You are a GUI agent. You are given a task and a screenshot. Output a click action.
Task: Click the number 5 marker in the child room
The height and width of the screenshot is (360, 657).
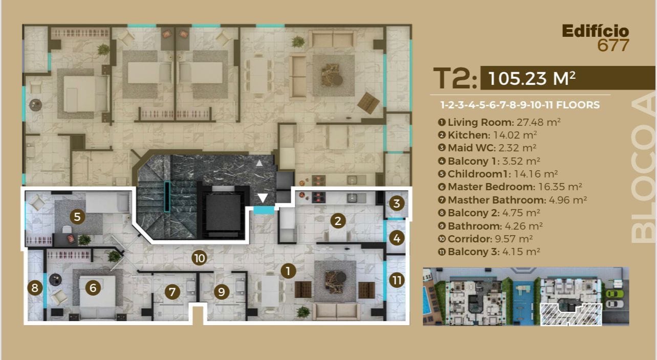pos(77,217)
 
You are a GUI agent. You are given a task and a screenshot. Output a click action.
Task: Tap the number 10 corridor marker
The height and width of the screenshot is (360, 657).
pos(200,258)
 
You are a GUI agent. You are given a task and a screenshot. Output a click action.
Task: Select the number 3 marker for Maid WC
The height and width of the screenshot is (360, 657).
pos(397,204)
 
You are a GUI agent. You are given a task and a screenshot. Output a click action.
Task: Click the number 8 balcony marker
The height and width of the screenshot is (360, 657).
pos(35,287)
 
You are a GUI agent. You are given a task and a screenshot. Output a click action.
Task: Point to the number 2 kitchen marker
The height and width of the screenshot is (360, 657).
pos(338,221)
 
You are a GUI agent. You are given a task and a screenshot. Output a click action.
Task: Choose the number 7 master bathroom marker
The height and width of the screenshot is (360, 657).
pos(172,291)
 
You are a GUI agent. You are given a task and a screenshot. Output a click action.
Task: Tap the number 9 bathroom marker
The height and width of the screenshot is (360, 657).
pos(222,291)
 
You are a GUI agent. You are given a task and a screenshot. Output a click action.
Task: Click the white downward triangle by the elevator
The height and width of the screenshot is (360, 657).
pos(262,198)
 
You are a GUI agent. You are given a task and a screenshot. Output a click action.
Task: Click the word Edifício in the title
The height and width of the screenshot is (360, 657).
pos(596,31)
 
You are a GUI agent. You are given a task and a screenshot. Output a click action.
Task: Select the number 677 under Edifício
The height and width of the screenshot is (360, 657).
pos(613,46)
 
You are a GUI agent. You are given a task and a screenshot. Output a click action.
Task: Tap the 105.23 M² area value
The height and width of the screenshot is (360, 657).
pos(532,78)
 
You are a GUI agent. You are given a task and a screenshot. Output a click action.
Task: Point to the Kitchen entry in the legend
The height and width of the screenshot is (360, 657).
pos(488,135)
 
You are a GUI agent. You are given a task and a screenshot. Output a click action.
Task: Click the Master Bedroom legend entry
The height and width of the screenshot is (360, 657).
pos(510,187)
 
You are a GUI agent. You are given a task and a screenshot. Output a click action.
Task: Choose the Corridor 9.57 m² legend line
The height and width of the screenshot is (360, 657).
pos(486,239)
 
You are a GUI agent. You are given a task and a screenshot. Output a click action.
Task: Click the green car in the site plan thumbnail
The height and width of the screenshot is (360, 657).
pos(615,294)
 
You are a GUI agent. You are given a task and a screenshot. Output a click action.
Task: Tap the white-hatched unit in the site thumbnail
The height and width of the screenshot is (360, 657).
pos(571,315)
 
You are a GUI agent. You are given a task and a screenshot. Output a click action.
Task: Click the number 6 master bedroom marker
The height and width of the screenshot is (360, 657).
pos(93,287)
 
